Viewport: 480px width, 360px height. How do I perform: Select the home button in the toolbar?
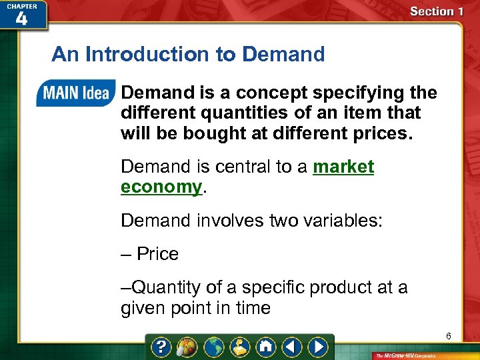click(267, 347)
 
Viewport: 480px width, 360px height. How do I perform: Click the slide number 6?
click(449, 336)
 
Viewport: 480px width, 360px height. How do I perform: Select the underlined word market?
click(343, 167)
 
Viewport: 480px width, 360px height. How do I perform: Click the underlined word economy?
click(161, 187)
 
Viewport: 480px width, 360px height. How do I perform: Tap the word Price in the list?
click(157, 254)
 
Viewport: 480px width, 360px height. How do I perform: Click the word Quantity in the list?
click(166, 287)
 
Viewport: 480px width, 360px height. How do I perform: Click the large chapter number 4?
click(21, 19)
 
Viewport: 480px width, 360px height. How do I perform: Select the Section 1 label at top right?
click(436, 11)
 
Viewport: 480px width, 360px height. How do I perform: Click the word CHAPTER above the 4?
click(21, 5)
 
